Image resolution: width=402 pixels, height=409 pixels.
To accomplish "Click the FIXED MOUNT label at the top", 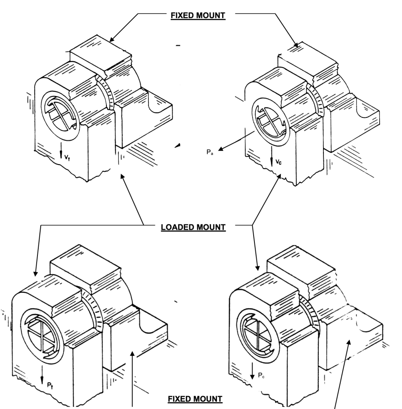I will (x=198, y=16).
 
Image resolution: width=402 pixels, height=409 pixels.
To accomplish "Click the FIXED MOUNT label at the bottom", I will (x=195, y=399).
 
